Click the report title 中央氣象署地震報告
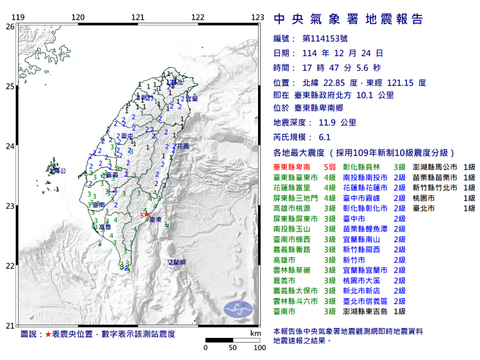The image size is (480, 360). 348,18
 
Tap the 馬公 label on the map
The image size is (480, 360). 59,171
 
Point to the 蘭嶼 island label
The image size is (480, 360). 176,263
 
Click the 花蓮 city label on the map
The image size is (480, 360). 182,145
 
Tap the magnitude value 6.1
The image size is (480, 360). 325,137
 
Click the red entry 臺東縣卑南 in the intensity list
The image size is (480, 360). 295,167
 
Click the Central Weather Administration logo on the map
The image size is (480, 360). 238,309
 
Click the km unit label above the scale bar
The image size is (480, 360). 255,333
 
